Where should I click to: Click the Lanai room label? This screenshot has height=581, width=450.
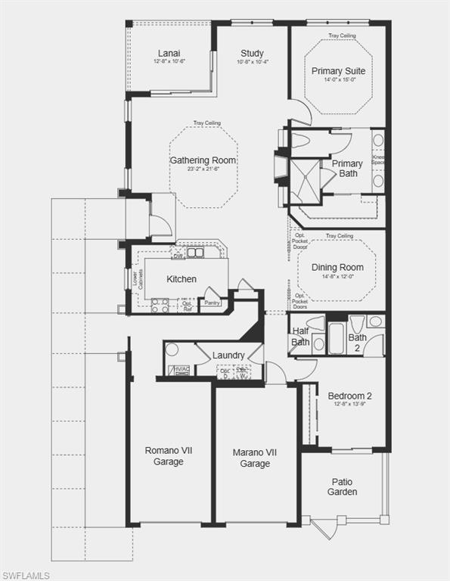(169, 53)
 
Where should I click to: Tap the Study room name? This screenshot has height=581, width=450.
(252, 53)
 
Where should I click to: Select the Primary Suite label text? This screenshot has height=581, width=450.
(338, 71)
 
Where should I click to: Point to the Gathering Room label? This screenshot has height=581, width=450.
(203, 160)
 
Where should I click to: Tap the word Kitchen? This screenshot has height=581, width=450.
(182, 279)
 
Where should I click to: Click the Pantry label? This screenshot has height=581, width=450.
(212, 303)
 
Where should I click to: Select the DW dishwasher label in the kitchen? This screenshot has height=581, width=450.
(178, 256)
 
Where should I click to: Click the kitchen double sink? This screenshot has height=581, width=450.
(196, 253)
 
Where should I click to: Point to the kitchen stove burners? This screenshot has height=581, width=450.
(160, 305)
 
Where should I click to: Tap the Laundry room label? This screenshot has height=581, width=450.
(228, 356)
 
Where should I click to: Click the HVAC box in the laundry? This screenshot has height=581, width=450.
(179, 370)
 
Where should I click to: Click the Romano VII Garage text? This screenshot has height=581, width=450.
(168, 455)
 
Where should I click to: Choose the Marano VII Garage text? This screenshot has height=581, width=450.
(255, 458)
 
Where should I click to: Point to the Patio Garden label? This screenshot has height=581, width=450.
(343, 486)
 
